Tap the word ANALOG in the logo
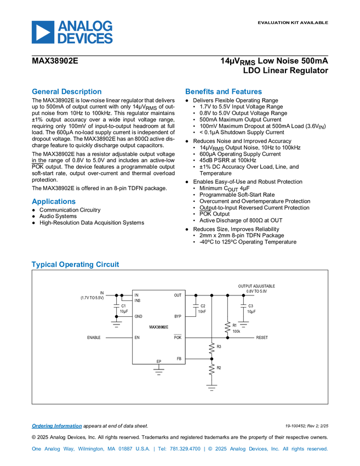(85, 25)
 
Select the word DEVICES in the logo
(85, 39)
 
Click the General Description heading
(67, 92)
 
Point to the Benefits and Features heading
(223, 92)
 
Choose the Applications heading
(54, 202)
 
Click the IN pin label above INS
(136, 295)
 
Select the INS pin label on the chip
(138, 300)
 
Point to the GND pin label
(138, 316)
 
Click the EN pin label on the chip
(137, 338)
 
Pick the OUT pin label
(178, 295)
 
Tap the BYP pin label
(178, 316)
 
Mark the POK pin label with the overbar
(178, 338)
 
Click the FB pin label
(179, 359)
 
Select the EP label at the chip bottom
(159, 362)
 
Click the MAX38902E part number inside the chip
(158, 327)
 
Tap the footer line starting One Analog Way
(179, 449)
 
